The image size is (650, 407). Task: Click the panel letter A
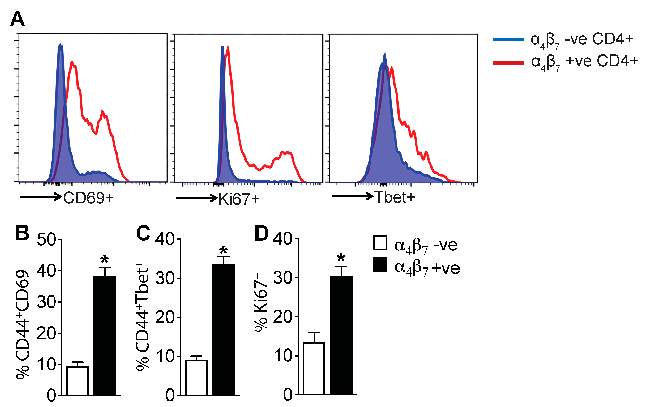17,19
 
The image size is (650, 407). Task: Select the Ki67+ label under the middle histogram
239,199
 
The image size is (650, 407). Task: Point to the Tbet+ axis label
395,197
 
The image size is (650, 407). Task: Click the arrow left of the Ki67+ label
196,198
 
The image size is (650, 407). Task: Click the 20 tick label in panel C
165,317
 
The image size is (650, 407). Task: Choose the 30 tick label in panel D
283,278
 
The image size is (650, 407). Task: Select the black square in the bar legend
380,264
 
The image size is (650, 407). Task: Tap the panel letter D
261,233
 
